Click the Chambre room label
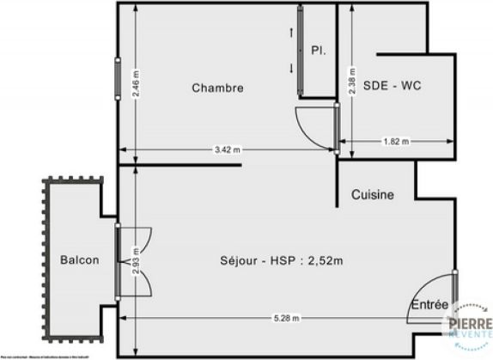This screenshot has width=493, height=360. coord(217,88)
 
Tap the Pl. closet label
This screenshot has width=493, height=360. coord(318,50)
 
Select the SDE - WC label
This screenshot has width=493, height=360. coord(392,86)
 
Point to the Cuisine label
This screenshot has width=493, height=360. coord(373,195)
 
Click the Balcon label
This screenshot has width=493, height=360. coord(79,260)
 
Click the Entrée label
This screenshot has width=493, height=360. coord(429,304)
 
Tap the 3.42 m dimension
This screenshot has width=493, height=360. coord(228,149)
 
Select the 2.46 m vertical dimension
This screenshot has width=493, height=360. coord(136,84)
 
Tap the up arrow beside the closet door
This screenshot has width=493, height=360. coord(291,33)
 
